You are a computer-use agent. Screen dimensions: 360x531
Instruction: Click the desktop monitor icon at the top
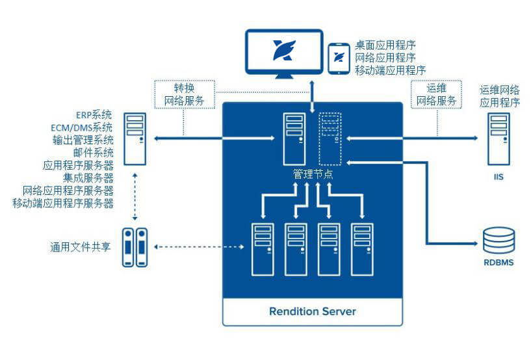(x=284, y=52)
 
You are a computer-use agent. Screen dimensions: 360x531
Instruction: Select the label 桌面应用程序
(x=385, y=45)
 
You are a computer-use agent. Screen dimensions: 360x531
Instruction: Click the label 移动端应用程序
(x=390, y=70)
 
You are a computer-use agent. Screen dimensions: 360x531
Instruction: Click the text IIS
(x=499, y=175)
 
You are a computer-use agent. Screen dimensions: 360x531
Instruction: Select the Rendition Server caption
(x=313, y=311)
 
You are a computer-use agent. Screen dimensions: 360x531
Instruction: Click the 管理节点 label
(x=313, y=174)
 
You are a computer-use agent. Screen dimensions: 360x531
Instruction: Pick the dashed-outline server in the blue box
(x=330, y=138)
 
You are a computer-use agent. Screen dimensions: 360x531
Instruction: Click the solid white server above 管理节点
(x=294, y=138)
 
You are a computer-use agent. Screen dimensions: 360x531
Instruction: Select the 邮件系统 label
(x=94, y=153)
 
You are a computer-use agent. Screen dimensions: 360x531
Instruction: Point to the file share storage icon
(x=136, y=247)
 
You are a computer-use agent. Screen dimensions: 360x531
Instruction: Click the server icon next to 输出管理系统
(x=135, y=138)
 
